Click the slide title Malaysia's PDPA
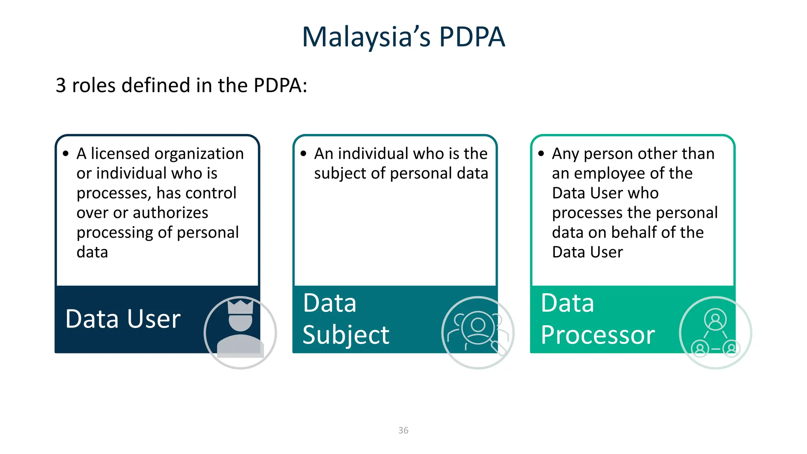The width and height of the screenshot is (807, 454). point(403,37)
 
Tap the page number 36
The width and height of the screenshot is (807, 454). point(403,430)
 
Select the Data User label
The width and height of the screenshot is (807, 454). point(123,319)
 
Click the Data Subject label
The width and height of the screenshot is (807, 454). point(346,319)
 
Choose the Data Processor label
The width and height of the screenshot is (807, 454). point(597,319)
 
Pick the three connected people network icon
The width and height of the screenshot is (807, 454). point(715,332)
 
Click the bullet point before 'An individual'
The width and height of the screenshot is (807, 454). point(303,154)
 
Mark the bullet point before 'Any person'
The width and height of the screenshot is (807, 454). point(541,154)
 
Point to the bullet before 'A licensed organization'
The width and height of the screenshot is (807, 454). point(66,154)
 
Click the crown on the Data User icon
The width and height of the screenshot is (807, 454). point(240,307)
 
